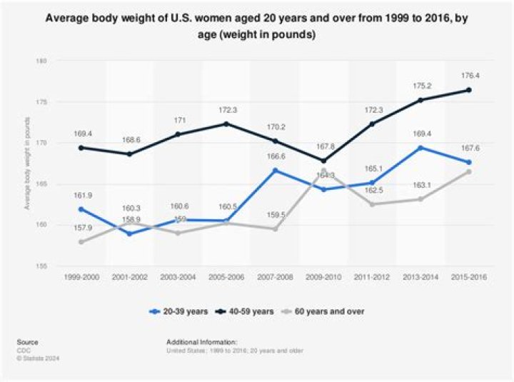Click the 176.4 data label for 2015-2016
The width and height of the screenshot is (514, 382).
click(x=468, y=74)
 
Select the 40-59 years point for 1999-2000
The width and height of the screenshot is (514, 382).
click(x=81, y=148)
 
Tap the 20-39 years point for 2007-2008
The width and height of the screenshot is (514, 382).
click(x=276, y=171)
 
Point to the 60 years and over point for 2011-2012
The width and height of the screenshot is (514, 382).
click(x=371, y=204)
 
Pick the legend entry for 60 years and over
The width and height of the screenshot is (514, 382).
click(x=322, y=311)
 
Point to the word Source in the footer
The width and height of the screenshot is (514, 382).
click(x=29, y=342)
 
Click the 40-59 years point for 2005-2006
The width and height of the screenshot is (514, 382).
click(x=227, y=124)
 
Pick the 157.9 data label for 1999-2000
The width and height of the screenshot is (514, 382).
click(x=81, y=228)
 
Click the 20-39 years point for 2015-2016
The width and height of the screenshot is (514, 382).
click(x=468, y=162)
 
